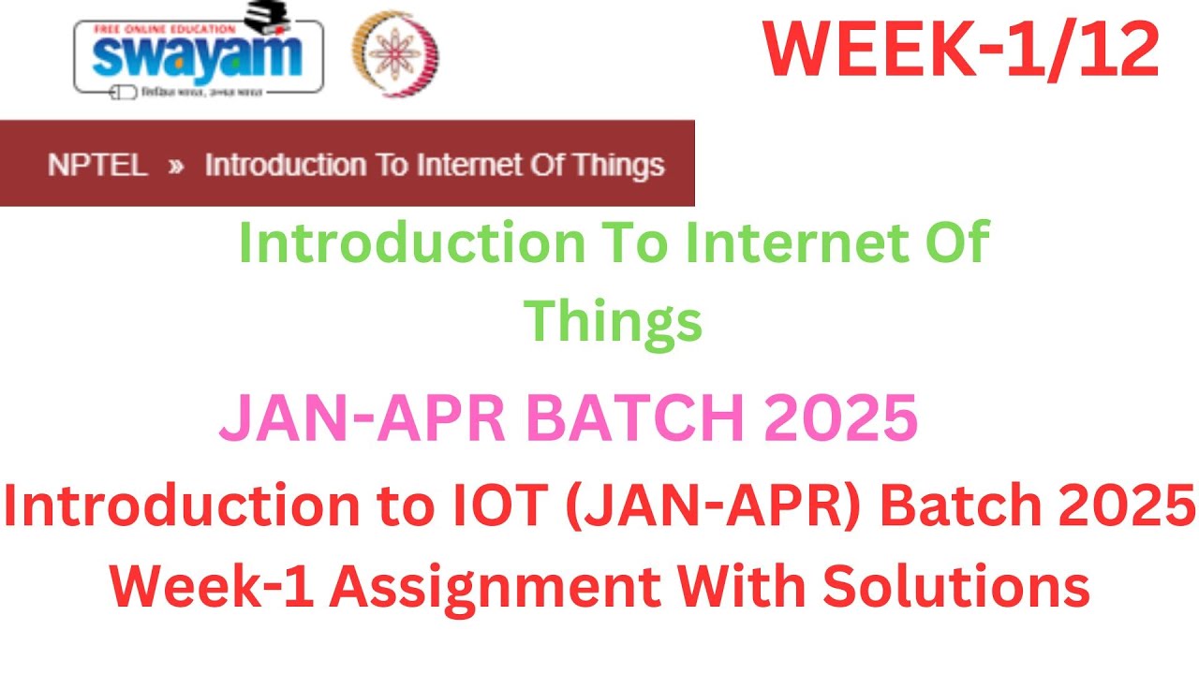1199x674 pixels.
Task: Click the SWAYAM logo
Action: tap(198, 53)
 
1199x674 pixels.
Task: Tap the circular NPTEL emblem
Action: tap(394, 55)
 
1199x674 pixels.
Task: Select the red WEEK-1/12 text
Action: tap(961, 51)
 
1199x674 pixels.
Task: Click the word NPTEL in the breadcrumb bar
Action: tap(97, 166)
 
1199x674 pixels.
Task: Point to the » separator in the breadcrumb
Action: tap(175, 167)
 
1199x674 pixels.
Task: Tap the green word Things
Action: tap(613, 321)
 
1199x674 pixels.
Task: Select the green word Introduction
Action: tap(411, 243)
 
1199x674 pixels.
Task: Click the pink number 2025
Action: tap(841, 419)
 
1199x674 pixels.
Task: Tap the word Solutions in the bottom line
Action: tap(956, 586)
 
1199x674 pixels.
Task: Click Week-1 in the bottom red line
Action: tap(208, 586)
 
